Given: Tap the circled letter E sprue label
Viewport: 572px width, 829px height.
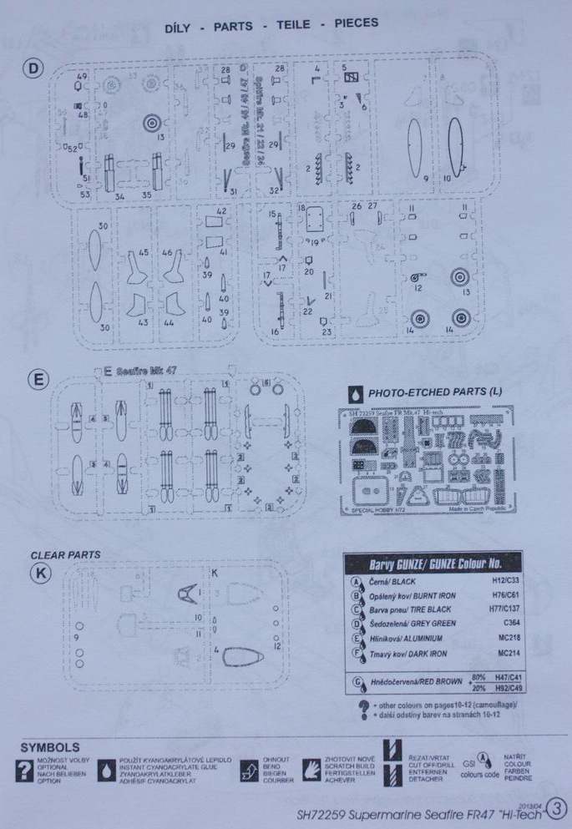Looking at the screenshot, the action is click(38, 380).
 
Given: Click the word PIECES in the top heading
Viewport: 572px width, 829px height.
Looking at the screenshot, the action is click(356, 23).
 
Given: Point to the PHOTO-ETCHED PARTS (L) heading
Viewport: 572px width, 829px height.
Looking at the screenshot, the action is click(436, 392).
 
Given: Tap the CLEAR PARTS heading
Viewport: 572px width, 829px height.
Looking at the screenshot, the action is click(65, 554).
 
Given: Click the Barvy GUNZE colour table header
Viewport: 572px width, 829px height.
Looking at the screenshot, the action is click(432, 563).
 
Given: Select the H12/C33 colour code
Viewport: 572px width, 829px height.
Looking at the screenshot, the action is click(499, 580).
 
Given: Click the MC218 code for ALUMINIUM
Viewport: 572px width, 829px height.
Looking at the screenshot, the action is click(499, 638).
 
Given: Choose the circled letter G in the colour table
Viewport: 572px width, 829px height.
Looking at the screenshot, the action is click(357, 682).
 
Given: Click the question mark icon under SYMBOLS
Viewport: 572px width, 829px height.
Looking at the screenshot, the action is click(26, 771).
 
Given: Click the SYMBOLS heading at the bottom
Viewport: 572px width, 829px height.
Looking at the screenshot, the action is click(51, 747).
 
